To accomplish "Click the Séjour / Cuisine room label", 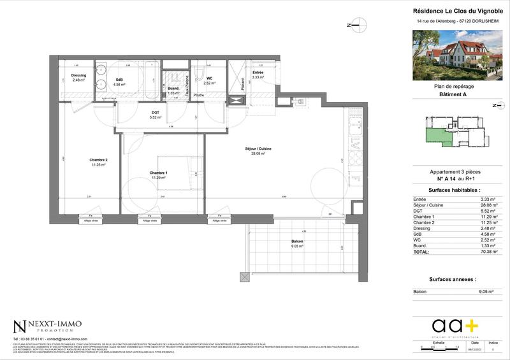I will pyautogui.click(x=258, y=148).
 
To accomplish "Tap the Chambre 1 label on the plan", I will pyautogui.click(x=159, y=173).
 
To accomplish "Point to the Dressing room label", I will pyautogui.click(x=78, y=75).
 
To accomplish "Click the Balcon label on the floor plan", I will pyautogui.click(x=297, y=241).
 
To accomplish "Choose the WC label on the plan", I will pyautogui.click(x=209, y=78).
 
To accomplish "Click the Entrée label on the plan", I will pyautogui.click(x=258, y=73).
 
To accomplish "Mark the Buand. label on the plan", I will pyautogui.click(x=173, y=89).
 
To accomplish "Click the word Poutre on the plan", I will pyautogui.click(x=199, y=95).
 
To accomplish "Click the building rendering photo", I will pyautogui.click(x=457, y=57).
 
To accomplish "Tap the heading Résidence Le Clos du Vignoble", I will pyautogui.click(x=457, y=11).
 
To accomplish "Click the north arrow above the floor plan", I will pyautogui.click(x=357, y=25).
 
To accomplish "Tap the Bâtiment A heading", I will pyautogui.click(x=457, y=94).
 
